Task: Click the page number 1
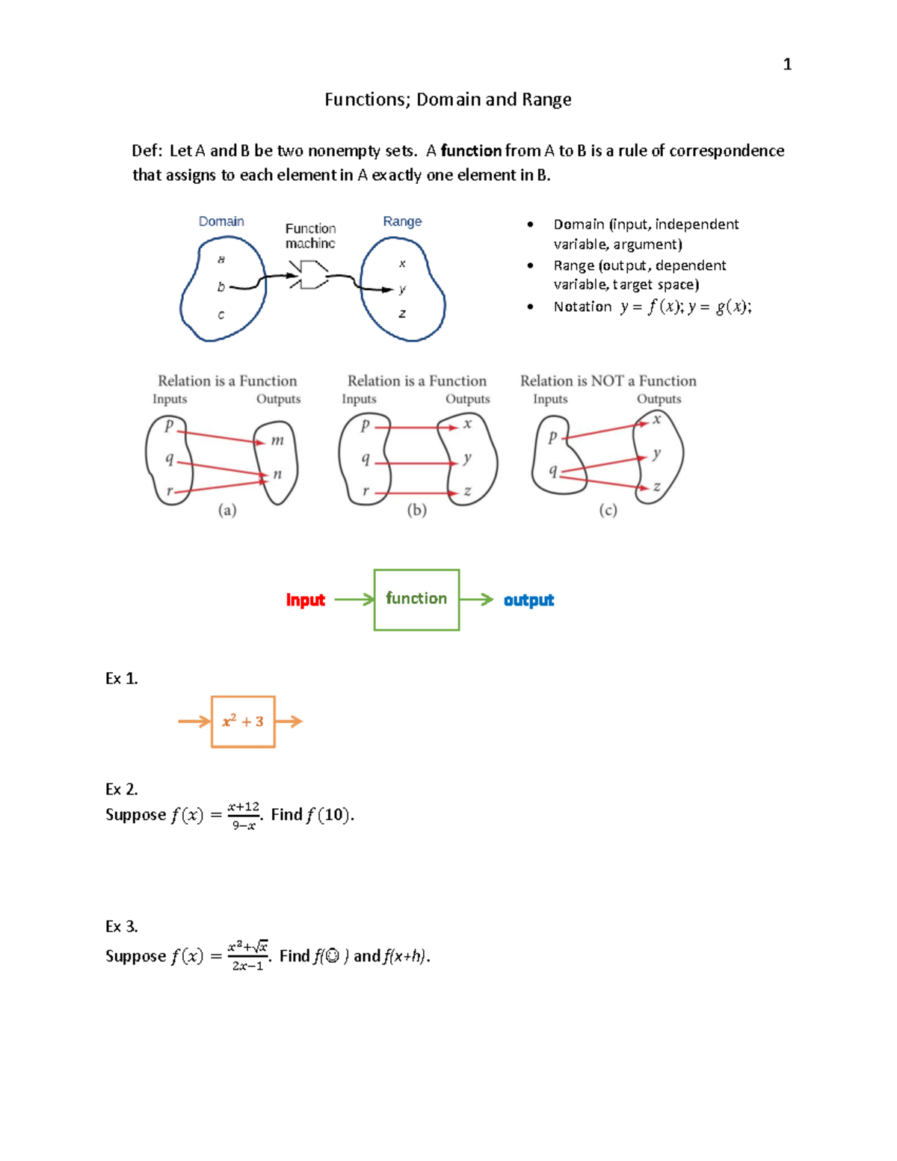pos(786,64)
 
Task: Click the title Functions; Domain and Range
pos(448,99)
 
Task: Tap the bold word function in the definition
pos(471,151)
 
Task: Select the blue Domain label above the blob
pos(221,221)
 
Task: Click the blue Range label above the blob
pos(402,221)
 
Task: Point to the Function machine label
pos(310,235)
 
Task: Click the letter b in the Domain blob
pos(221,286)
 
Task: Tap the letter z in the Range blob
pos(402,313)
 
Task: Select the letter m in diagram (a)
pos(277,440)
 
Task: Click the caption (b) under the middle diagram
pos(416,510)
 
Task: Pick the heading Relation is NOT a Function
pos(608,381)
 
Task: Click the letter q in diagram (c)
pos(553,470)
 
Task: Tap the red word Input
pos(305,600)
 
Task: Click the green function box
pos(416,600)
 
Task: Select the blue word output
pos(528,600)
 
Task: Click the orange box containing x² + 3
pos(243,721)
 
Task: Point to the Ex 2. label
pos(121,789)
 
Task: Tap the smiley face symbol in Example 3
pos(333,956)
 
